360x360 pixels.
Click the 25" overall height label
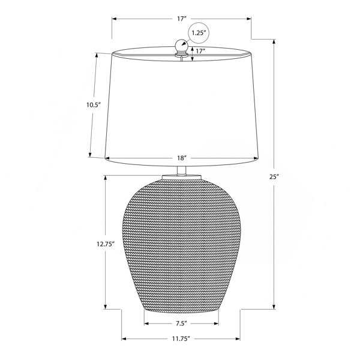274,177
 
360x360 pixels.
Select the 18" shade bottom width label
181,158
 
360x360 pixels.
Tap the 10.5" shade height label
94,105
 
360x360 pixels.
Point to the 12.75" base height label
106,244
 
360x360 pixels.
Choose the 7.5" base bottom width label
181,323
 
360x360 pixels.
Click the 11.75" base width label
181,338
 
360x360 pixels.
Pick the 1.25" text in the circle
198,33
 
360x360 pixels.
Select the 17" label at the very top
181,19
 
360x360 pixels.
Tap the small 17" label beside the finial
200,51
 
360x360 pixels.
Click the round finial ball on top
182,46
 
